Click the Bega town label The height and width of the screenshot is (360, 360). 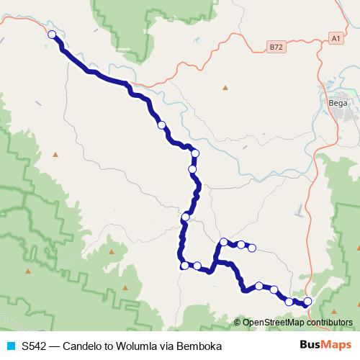click(x=338, y=102)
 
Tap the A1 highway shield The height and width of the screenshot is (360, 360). click(x=336, y=37)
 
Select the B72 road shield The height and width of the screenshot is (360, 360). click(x=274, y=47)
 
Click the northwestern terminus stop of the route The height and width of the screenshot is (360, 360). click(x=52, y=35)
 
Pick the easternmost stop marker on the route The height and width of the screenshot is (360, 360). click(x=308, y=301)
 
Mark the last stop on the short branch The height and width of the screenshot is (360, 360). click(x=252, y=248)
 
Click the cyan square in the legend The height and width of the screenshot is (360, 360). click(x=10, y=346)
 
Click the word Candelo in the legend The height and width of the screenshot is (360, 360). click(x=83, y=346)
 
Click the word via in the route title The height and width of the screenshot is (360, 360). click(x=167, y=346)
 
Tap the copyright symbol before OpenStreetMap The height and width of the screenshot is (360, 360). click(x=238, y=323)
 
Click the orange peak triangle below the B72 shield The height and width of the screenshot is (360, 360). click(x=225, y=88)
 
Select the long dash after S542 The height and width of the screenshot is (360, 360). click(x=57, y=346)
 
